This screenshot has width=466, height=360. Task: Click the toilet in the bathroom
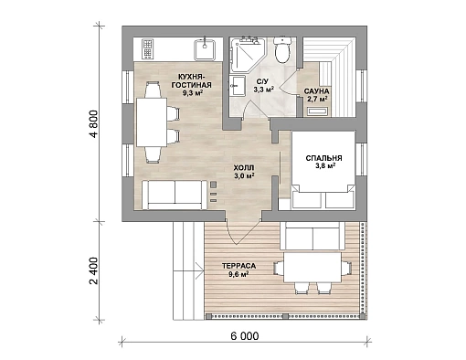tap(282, 49)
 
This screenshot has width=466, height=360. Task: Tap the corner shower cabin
tap(247, 54)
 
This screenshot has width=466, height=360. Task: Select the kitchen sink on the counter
tap(205, 48)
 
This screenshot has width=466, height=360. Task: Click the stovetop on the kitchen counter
tap(147, 48)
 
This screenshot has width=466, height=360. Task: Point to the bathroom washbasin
tap(238, 86)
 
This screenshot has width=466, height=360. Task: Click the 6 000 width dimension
tap(245, 336)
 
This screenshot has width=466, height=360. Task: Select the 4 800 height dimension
tap(94, 123)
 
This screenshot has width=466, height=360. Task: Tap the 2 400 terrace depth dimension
tap(94, 270)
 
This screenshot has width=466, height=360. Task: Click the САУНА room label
tap(316, 91)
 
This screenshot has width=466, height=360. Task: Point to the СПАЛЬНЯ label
tap(323, 158)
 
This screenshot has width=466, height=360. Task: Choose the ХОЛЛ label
tap(244, 168)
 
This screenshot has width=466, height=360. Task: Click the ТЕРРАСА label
tap(238, 266)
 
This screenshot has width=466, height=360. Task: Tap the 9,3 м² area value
tap(193, 93)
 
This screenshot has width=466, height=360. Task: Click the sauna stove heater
tap(318, 111)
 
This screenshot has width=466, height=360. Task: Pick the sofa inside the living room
tap(175, 195)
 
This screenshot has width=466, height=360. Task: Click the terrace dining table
tap(312, 268)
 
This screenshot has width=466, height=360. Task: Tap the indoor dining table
tap(152, 122)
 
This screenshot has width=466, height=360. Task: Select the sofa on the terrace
tap(312, 236)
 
